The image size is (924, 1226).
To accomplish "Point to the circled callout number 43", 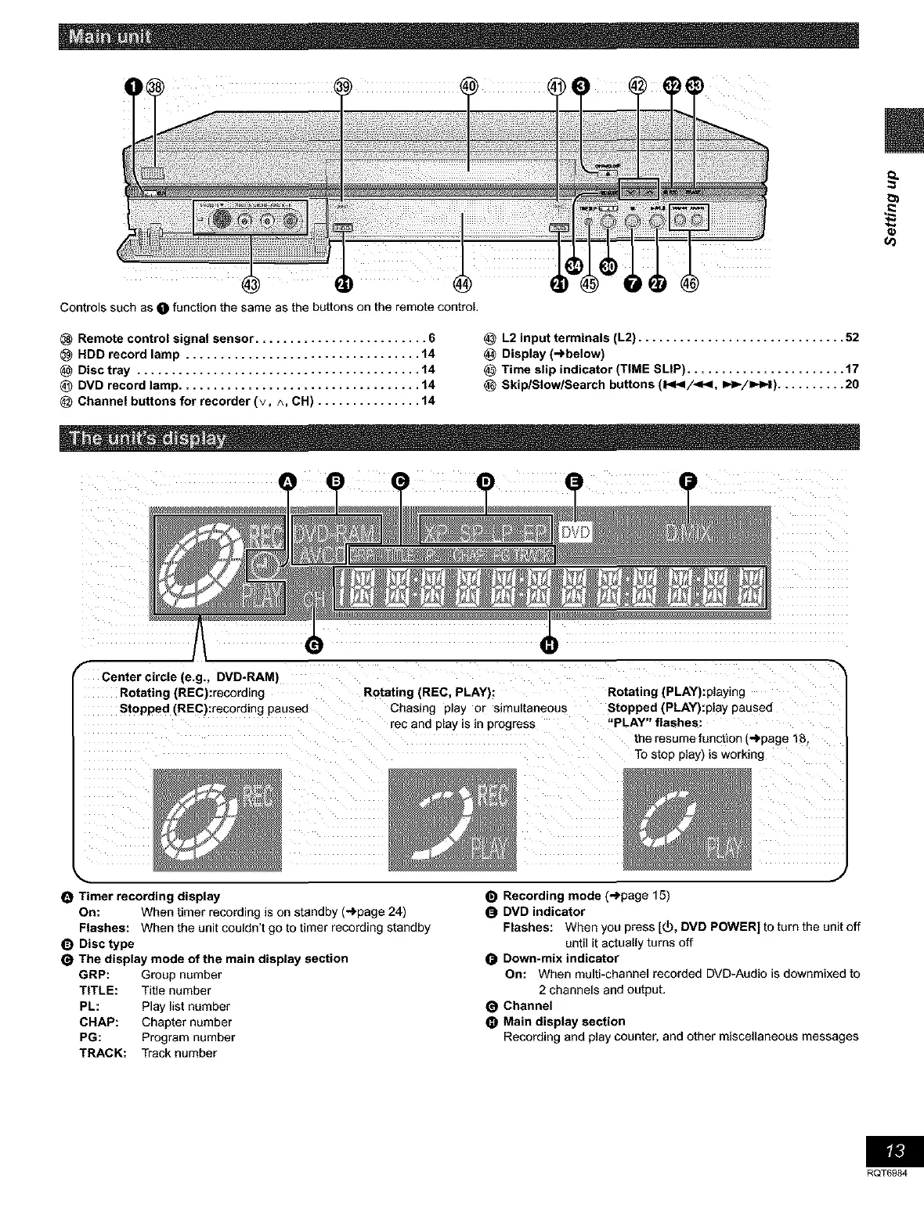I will pos(251,283).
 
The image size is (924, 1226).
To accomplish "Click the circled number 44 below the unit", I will pos(462,283).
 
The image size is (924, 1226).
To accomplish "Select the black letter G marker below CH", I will pos(314,644).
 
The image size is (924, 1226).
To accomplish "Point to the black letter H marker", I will pos(550,644).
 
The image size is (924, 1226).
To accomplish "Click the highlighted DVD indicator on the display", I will pos(578,533).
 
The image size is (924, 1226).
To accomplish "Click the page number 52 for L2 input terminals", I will pos(852,338).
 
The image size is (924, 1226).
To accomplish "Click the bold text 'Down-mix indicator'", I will pos(560,958).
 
